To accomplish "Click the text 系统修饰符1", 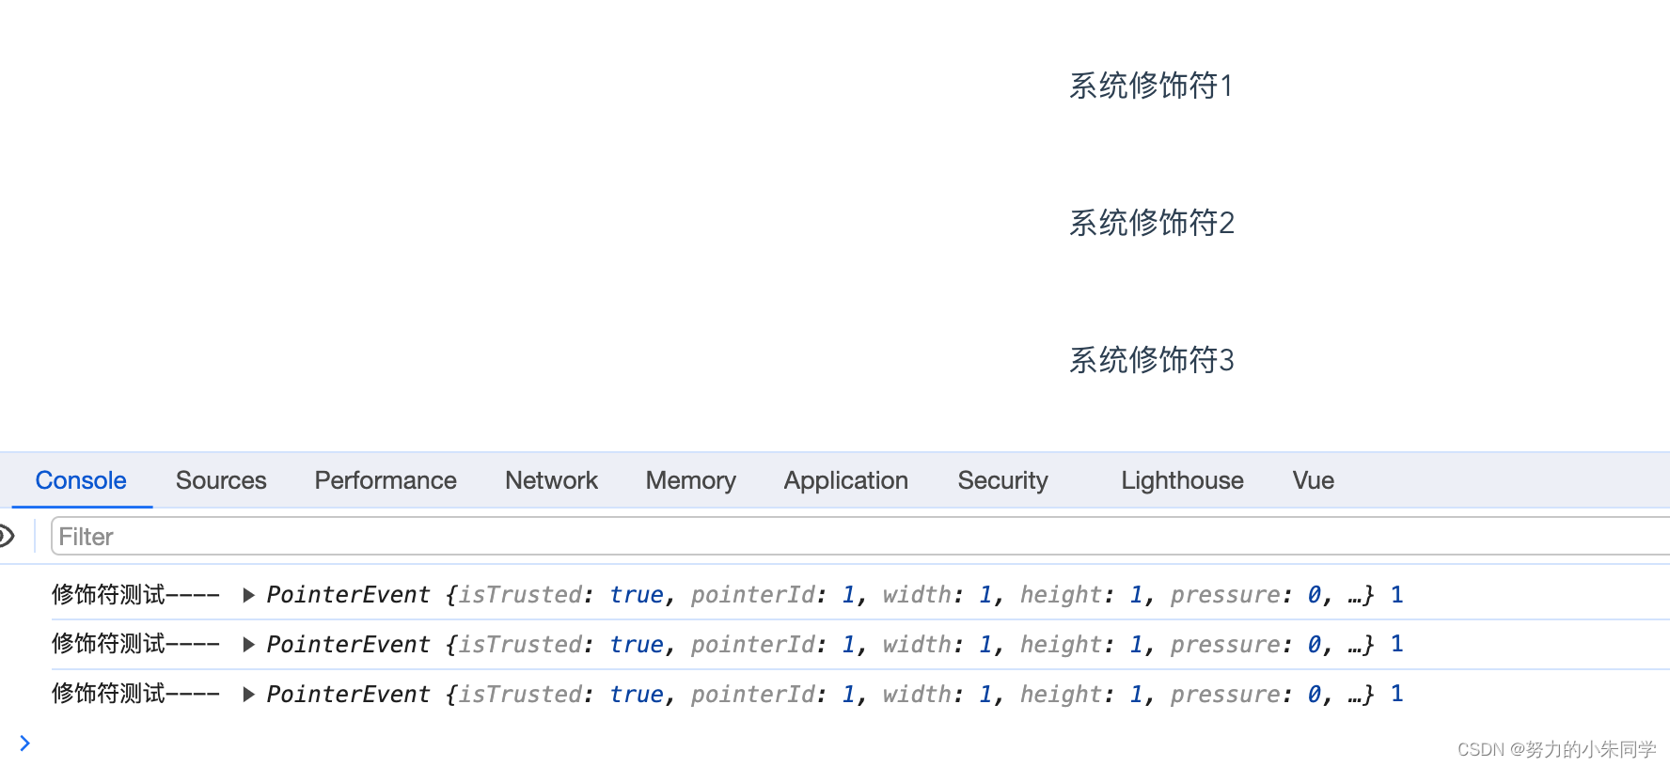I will [x=1151, y=86].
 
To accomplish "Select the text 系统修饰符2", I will [x=1151, y=223].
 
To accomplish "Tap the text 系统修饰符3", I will [x=1151, y=360].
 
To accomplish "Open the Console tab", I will [x=81, y=480].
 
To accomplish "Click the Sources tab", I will [x=221, y=480].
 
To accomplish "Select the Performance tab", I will [x=386, y=480].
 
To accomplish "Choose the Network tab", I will [x=551, y=480].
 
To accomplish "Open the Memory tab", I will [x=690, y=480].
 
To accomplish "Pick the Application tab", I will [x=845, y=480].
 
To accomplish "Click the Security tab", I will [x=1002, y=480].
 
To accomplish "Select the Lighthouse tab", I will [x=1182, y=480].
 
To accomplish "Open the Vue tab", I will [x=1313, y=480].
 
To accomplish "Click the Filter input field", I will [x=846, y=537].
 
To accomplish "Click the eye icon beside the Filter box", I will [x=6, y=537].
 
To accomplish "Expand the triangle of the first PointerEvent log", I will [x=248, y=595].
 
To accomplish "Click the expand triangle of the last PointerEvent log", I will [x=248, y=695].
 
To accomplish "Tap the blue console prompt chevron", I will [x=24, y=744].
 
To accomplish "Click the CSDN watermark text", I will [x=1556, y=749].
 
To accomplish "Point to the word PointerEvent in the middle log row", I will [x=348, y=645].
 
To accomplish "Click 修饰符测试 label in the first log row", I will [x=109, y=595].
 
